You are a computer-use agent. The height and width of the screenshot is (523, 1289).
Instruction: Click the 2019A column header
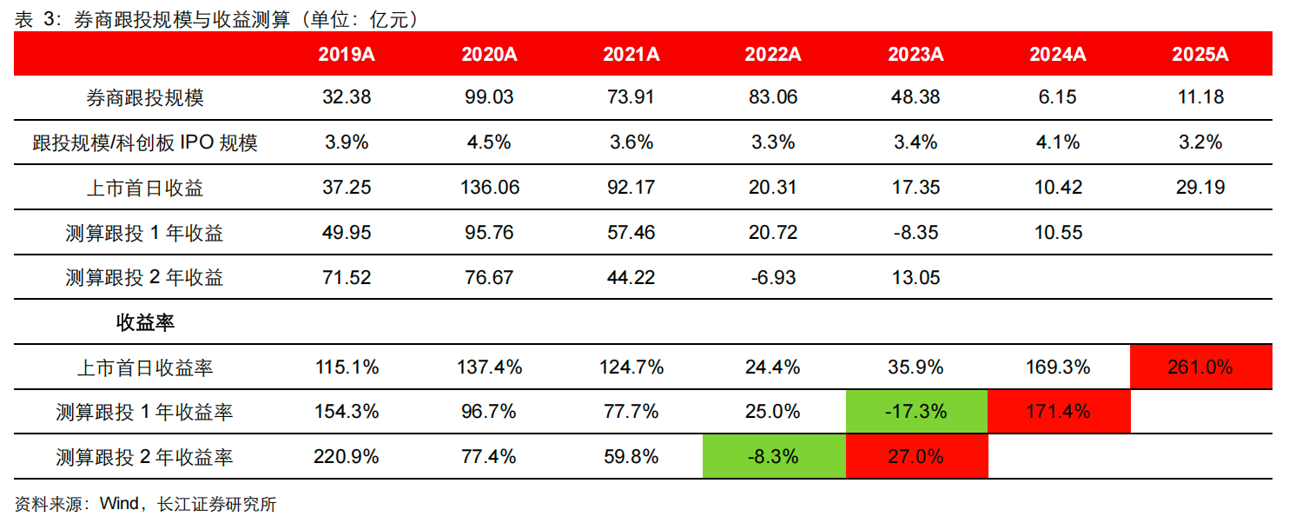347,54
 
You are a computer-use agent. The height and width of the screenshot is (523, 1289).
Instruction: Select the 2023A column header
916,54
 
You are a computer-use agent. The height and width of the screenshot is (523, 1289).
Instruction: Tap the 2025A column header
1200,54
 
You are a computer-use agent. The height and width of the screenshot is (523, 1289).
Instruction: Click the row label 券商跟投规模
145,97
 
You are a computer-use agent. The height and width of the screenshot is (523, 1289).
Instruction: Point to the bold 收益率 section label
145,323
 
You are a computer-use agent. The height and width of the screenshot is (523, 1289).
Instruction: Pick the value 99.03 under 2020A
489,97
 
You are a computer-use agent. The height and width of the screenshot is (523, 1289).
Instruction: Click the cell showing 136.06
489,188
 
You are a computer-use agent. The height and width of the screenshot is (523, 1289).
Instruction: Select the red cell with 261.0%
1200,367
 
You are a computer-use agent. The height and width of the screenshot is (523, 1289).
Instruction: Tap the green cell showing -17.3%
916,412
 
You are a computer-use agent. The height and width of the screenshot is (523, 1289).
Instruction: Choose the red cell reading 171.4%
1058,412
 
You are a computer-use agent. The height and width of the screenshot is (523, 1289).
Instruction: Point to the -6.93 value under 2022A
773,278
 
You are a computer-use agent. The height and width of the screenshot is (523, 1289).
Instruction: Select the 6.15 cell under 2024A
1058,97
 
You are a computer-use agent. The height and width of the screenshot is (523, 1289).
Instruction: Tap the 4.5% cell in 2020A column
489,142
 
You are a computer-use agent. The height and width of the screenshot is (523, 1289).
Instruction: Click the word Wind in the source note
119,505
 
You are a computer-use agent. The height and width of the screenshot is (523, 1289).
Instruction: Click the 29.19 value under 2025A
1200,188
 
